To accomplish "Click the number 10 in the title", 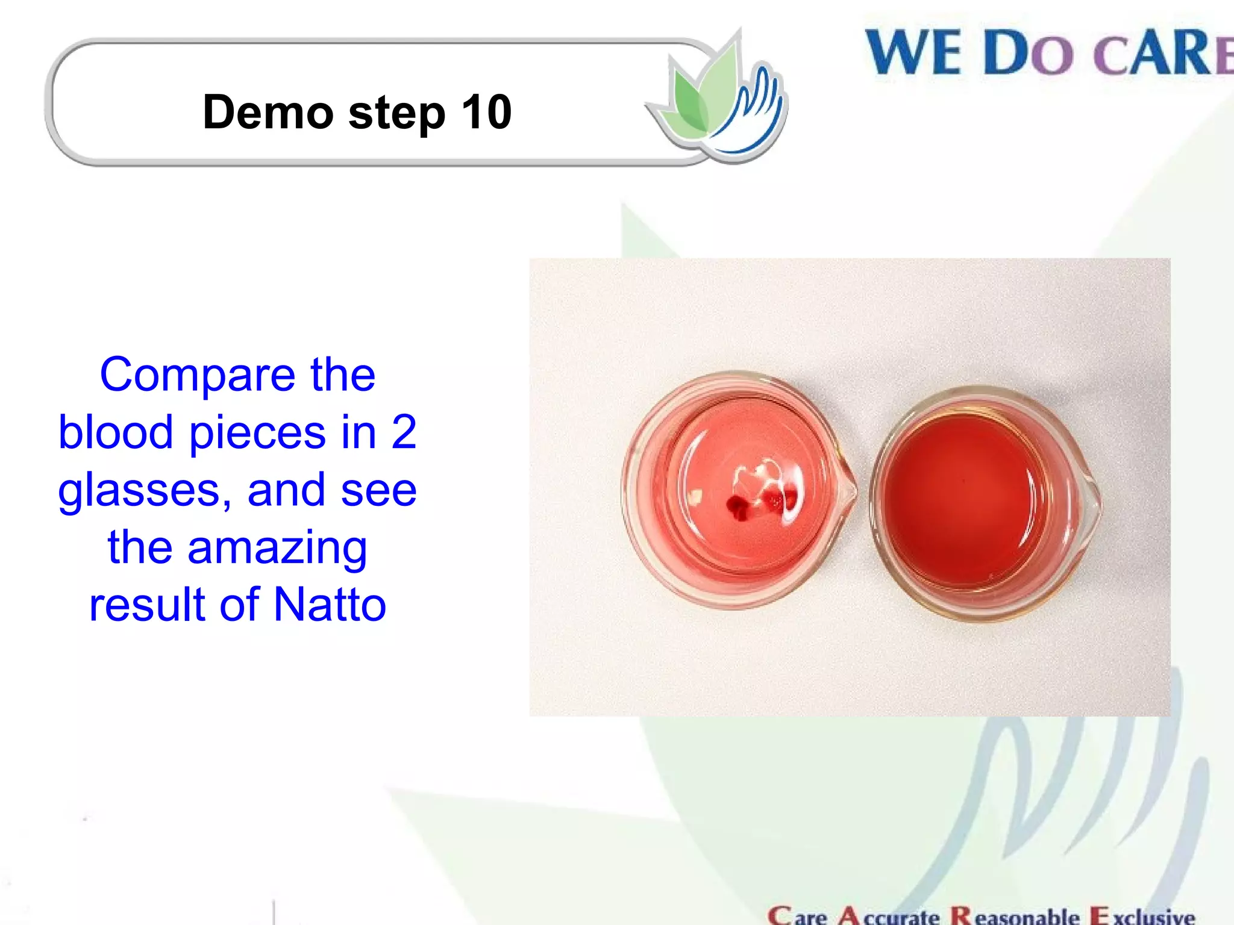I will tap(486, 112).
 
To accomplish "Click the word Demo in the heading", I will tap(268, 112).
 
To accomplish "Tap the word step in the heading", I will tap(396, 114).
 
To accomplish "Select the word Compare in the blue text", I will tap(196, 376).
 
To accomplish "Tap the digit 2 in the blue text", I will tap(403, 432).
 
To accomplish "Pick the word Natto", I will tap(330, 605).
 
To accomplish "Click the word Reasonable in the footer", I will tap(1015, 915).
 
